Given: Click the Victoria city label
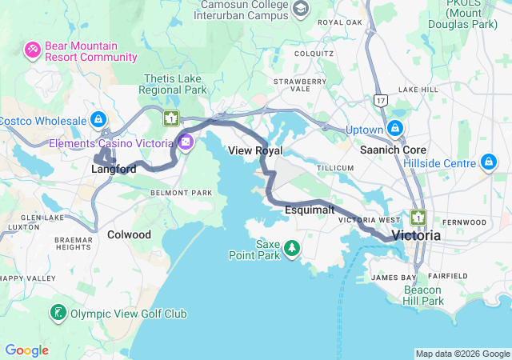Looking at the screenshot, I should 416,236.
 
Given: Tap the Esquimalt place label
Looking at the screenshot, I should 309,210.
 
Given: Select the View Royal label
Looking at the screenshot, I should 255,150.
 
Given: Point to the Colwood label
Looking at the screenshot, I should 129,234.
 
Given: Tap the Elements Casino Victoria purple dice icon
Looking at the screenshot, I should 186,143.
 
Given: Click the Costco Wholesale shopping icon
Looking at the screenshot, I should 98,120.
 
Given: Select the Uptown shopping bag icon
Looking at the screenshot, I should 394,129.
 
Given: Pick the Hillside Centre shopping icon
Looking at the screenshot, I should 488,163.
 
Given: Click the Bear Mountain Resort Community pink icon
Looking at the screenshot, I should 33,51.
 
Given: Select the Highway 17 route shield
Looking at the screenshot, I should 380,99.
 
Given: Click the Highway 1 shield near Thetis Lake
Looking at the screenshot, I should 170,119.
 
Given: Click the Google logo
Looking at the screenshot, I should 26,350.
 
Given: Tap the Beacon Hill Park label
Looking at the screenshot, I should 423,294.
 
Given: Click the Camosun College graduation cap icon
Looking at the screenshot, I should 301,10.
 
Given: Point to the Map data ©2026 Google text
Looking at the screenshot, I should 462,354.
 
